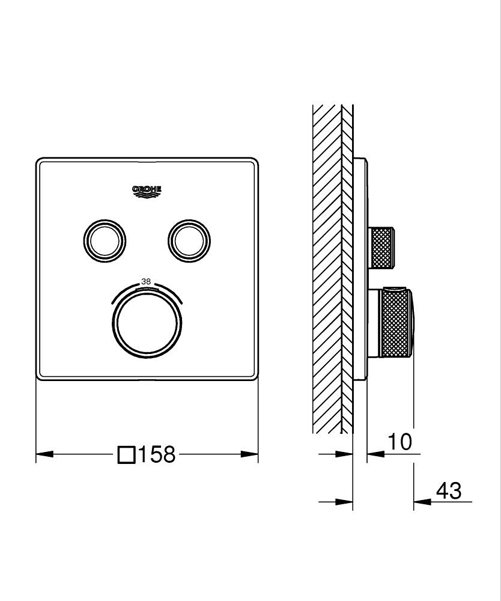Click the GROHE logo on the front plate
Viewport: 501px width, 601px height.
point(147,191)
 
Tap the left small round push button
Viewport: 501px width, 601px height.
point(105,240)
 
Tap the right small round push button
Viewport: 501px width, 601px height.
point(189,240)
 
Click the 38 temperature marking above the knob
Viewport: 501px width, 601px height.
point(146,281)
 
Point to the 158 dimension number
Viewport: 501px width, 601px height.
point(157,454)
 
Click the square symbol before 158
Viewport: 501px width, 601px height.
point(126,454)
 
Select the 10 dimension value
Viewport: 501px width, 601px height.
point(399,442)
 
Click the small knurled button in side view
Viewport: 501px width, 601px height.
point(383,246)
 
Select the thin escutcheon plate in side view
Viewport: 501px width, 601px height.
point(359,270)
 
